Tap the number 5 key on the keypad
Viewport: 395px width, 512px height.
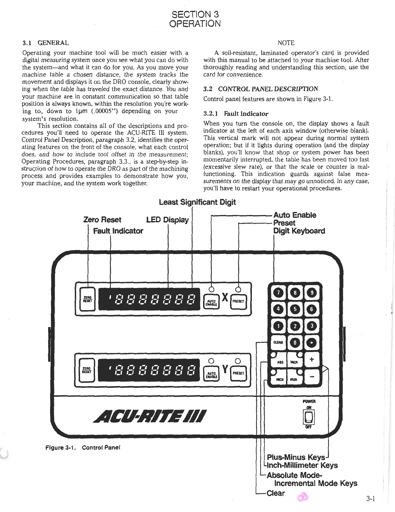point(295,309)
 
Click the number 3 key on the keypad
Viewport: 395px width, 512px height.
point(312,326)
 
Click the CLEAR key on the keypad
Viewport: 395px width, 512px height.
point(278,342)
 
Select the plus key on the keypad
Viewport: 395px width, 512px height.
point(312,360)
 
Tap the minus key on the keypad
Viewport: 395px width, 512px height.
point(312,377)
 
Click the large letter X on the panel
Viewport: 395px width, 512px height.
point(225,298)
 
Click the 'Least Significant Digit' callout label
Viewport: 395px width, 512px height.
point(197,202)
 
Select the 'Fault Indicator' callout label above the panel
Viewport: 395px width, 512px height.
point(118,231)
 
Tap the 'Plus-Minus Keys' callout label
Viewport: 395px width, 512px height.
point(296,457)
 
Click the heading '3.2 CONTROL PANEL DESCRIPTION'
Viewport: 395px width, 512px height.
point(261,89)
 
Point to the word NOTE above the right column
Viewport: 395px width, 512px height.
point(286,43)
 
